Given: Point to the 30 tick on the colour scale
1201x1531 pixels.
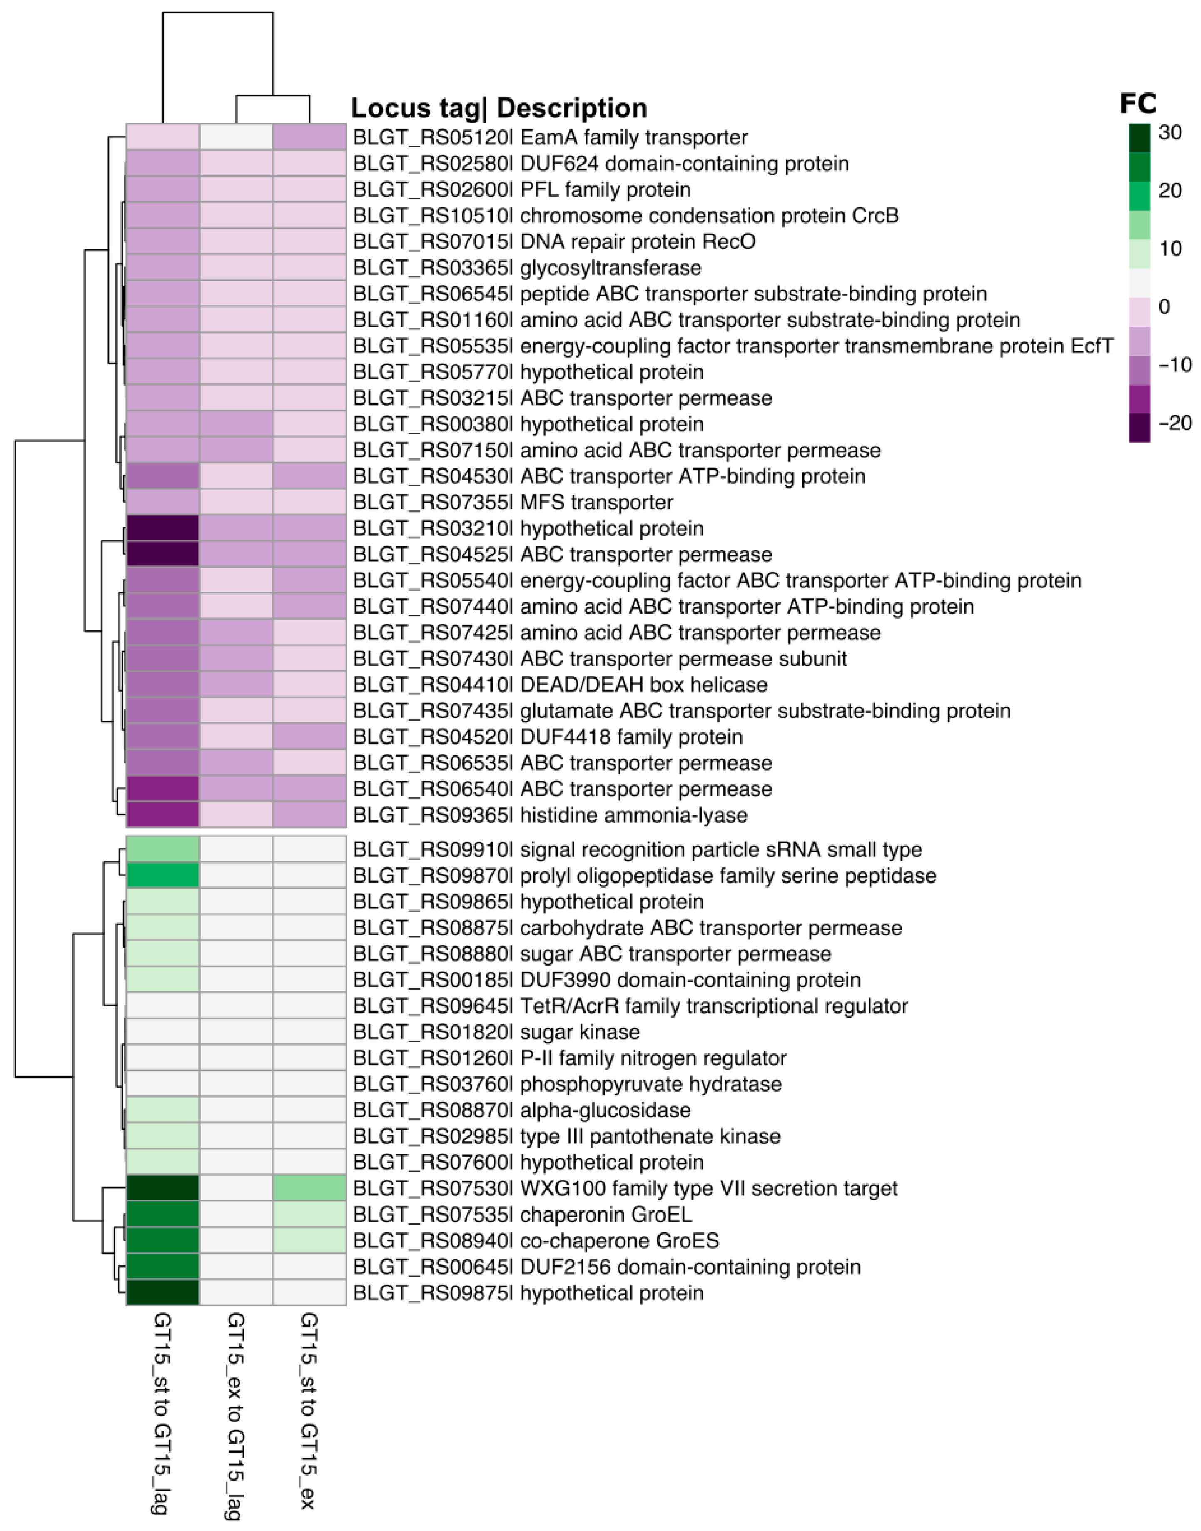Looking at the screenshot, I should (1170, 132).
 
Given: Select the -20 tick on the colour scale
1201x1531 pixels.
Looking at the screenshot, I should (1174, 423).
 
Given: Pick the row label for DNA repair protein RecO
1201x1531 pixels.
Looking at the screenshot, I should (554, 242).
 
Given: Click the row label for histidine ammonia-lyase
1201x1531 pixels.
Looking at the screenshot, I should (550, 815).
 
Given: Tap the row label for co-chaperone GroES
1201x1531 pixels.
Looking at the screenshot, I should (536, 1241).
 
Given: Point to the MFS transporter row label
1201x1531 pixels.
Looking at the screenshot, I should (513, 503).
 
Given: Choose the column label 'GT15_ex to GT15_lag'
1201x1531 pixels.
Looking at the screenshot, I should (236, 1416).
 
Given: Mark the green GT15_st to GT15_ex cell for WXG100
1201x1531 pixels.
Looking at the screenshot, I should (309, 1189).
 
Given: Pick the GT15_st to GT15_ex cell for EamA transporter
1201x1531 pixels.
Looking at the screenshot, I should (309, 137).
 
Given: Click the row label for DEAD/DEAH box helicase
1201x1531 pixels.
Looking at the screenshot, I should (560, 685).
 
